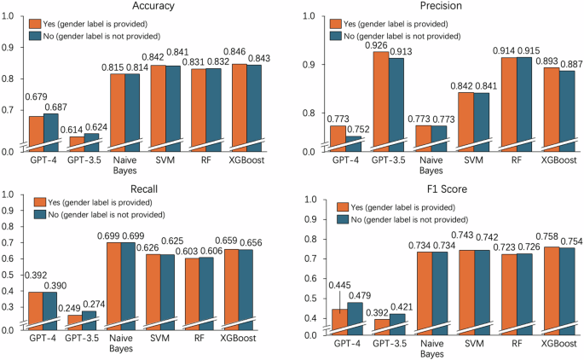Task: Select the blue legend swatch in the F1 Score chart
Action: click(344, 220)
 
